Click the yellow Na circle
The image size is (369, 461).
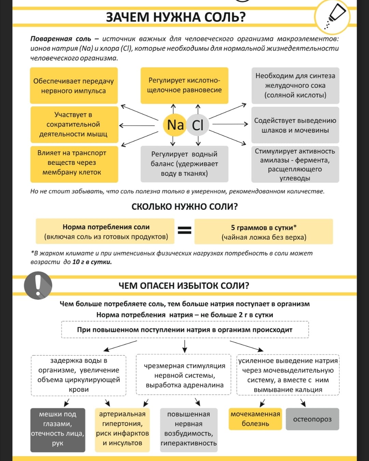[x=175, y=125]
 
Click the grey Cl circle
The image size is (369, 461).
[x=197, y=125]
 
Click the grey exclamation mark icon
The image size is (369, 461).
[x=38, y=285]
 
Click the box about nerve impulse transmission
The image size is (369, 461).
[x=74, y=86]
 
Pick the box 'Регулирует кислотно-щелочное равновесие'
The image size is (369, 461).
[x=184, y=86]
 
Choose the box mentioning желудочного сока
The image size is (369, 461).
[x=295, y=86]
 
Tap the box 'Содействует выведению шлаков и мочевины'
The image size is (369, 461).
[x=295, y=125]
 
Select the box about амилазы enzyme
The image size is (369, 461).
[x=295, y=164]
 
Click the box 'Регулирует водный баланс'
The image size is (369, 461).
[x=184, y=164]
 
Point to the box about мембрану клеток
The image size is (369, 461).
[x=74, y=164]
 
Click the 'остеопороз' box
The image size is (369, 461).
[x=312, y=419]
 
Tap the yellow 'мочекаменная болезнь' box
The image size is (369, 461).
[x=255, y=419]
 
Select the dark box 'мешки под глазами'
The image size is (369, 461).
[x=58, y=430]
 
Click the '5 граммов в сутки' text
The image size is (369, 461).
[x=263, y=228]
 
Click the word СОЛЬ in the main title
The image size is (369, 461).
[x=224, y=17]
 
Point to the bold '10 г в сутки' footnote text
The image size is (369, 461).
[x=92, y=262]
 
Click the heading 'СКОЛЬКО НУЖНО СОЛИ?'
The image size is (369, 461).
[x=184, y=207]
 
